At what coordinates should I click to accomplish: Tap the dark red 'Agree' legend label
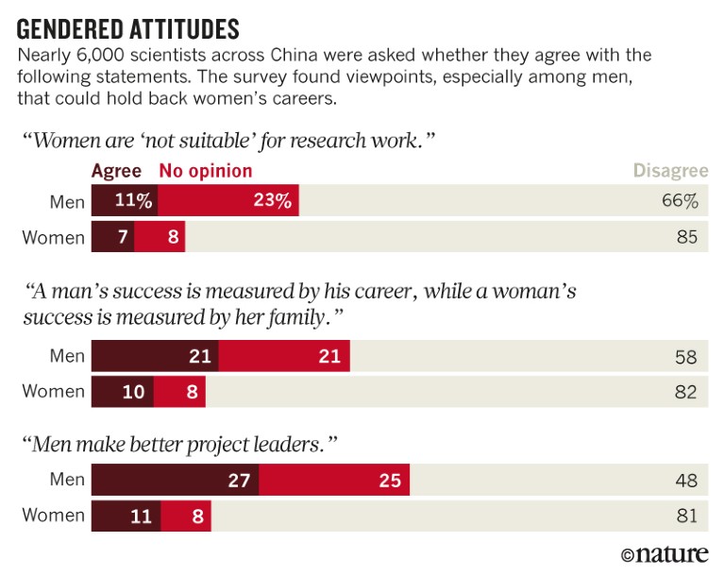point(116,171)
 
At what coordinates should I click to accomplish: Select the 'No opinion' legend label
point(206,171)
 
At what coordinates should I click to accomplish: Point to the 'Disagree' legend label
point(669,171)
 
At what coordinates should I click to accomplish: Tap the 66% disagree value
point(681,201)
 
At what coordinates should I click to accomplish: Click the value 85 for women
point(686,236)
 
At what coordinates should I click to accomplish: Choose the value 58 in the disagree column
point(686,356)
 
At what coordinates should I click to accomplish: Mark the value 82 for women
point(686,391)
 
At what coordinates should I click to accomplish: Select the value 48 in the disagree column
point(686,481)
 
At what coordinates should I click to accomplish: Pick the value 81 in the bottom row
point(686,516)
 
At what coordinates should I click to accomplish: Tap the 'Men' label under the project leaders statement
point(66,481)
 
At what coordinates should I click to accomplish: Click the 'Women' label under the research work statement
point(53,236)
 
